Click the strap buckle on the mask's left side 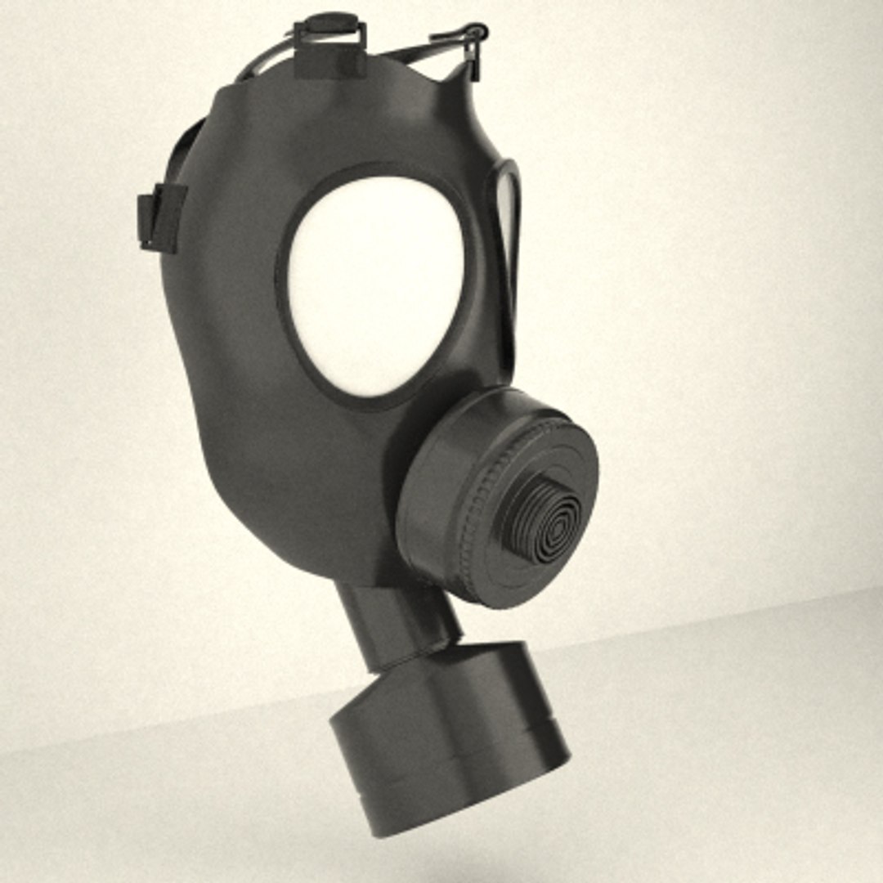pyautogui.click(x=159, y=217)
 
